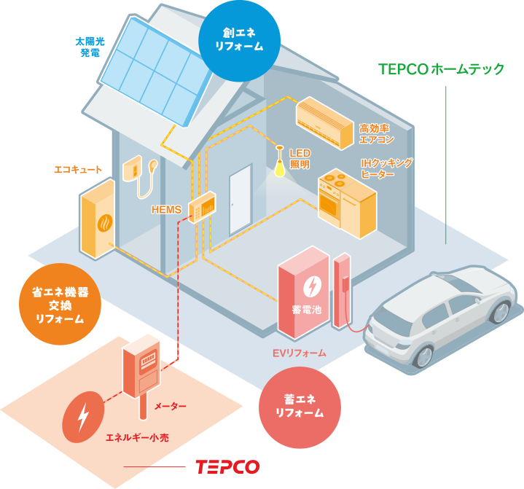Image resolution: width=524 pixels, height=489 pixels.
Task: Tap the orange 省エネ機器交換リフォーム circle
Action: [60, 304]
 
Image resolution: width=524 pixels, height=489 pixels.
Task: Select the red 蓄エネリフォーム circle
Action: [299, 406]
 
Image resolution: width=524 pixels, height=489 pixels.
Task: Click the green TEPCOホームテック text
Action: [442, 69]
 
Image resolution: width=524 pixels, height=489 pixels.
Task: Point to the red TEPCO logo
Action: [227, 467]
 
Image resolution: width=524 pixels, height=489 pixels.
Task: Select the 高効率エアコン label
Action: [376, 133]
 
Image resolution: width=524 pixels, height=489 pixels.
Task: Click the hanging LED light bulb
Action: [278, 167]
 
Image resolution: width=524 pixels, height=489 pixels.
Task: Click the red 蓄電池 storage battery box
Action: [303, 293]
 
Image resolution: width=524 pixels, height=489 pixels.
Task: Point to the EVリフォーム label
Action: [299, 353]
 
